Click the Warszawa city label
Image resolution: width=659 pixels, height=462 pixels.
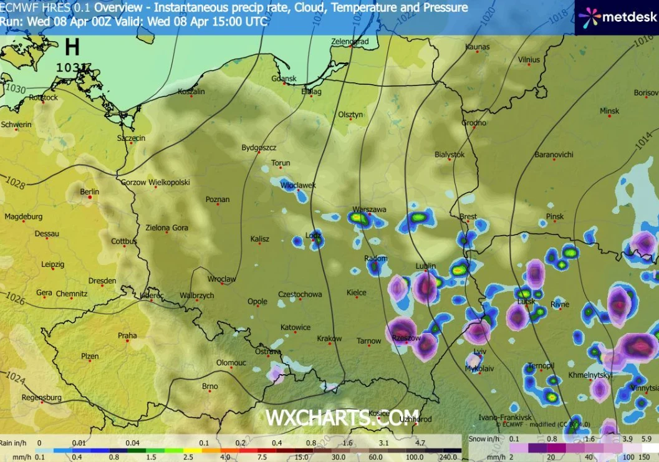[x=369, y=209]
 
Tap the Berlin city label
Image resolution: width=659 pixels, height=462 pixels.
[x=90, y=191]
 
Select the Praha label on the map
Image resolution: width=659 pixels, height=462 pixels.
[x=127, y=335]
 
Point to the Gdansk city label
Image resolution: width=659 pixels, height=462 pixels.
[x=284, y=79]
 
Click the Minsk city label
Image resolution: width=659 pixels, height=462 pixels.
[x=609, y=111]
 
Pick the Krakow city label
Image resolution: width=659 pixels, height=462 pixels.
[x=329, y=339]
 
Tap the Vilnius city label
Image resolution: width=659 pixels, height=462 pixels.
[x=529, y=59]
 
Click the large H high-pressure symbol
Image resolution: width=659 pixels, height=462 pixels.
[x=72, y=47]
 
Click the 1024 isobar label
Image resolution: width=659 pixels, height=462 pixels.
[x=15, y=378]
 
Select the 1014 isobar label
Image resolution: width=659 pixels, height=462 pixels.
[x=642, y=142]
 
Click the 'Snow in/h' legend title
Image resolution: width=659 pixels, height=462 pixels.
[x=484, y=439]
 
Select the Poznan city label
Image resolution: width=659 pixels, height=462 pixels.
[x=217, y=200]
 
